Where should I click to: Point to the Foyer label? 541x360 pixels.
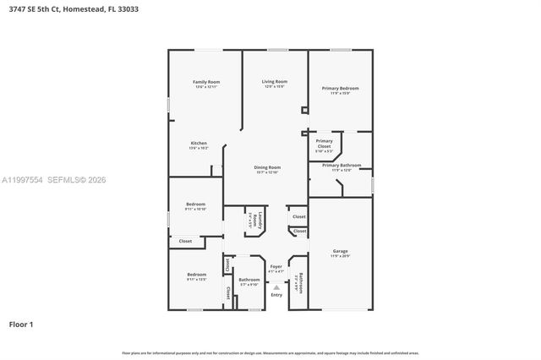tap(276, 268)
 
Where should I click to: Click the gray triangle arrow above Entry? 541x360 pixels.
tap(276, 287)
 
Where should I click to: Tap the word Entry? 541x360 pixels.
tap(276, 295)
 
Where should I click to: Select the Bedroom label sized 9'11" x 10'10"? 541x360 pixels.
tap(196, 206)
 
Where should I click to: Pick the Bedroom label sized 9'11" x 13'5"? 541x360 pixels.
tap(196, 275)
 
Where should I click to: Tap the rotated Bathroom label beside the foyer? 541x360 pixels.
tap(298, 281)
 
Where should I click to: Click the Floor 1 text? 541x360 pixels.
tap(20, 324)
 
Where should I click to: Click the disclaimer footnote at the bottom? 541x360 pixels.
tap(270, 352)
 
